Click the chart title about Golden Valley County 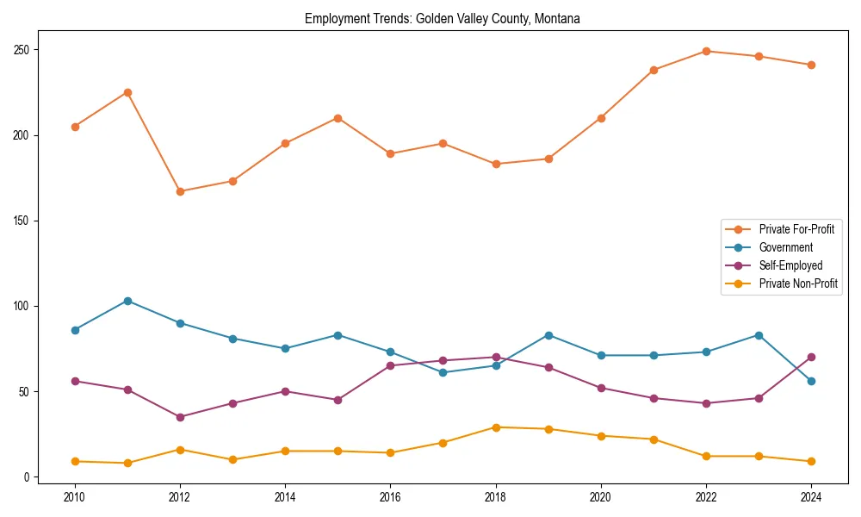click(x=443, y=19)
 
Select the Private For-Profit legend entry click(x=796, y=229)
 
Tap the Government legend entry click(x=785, y=247)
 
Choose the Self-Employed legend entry click(x=790, y=265)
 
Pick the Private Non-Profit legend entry click(x=798, y=283)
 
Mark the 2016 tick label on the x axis click(x=390, y=497)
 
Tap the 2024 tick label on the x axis click(x=811, y=497)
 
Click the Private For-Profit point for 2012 click(x=180, y=191)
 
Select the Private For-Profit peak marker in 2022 click(x=706, y=51)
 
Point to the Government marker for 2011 click(x=127, y=301)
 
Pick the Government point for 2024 click(x=811, y=381)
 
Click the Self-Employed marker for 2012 click(x=180, y=417)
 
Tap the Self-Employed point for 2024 click(x=811, y=357)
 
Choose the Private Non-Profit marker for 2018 click(x=496, y=427)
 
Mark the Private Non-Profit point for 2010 click(x=75, y=461)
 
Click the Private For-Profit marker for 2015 click(x=338, y=118)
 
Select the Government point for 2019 click(x=548, y=335)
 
